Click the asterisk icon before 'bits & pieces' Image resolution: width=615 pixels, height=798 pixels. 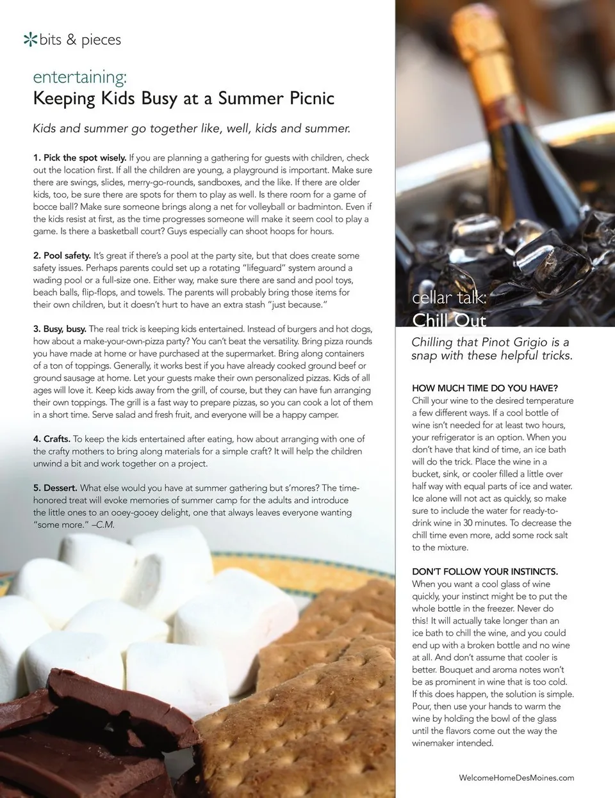pyautogui.click(x=29, y=40)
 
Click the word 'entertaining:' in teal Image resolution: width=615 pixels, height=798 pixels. pyautogui.click(x=79, y=77)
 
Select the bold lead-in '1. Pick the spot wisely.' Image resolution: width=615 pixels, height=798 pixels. pyautogui.click(x=79, y=157)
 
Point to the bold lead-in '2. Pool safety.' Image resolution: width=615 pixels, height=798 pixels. pyautogui.click(x=61, y=255)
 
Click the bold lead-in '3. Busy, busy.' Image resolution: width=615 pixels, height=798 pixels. pyautogui.click(x=60, y=329)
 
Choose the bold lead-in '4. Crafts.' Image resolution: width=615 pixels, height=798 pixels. pyautogui.click(x=51, y=439)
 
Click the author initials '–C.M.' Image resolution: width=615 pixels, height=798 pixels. pyautogui.click(x=103, y=525)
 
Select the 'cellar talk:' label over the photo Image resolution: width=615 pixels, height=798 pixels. pyautogui.click(x=449, y=298)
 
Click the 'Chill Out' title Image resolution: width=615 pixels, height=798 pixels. pyautogui.click(x=449, y=320)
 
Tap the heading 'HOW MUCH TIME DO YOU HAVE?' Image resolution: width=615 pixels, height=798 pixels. pyautogui.click(x=484, y=388)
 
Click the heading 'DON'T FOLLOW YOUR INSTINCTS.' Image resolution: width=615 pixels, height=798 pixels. pyautogui.click(x=484, y=571)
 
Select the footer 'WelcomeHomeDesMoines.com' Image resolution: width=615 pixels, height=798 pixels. pyautogui.click(x=516, y=778)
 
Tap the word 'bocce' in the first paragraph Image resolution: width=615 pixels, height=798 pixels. pyautogui.click(x=47, y=207)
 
